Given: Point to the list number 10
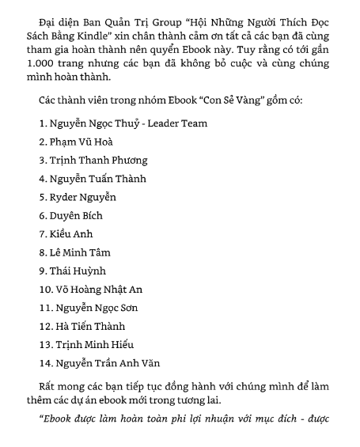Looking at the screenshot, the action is pyautogui.click(x=44, y=290).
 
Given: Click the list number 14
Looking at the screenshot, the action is pyautogui.click(x=44, y=363).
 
